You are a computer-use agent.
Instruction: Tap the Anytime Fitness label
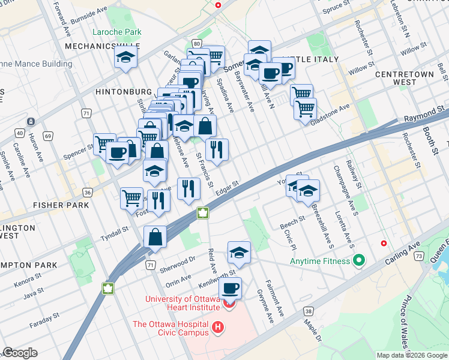[319, 261]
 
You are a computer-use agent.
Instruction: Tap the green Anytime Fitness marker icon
[359, 261]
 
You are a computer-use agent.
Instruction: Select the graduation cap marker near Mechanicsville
[126, 58]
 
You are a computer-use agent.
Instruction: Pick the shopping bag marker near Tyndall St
[155, 236]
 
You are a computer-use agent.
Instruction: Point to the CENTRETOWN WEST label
[404, 78]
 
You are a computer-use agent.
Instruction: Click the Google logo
[20, 353]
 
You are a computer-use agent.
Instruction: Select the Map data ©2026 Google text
[412, 355]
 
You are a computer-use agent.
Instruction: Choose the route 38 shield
[308, 311]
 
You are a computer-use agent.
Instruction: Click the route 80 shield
[196, 43]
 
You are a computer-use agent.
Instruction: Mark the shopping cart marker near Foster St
[131, 197]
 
